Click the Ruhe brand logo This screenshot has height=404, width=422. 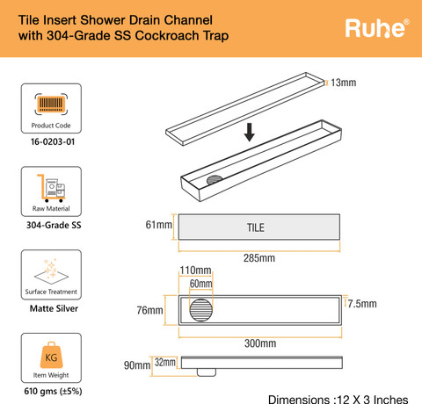pos(377,28)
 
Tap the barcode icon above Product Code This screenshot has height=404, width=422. pos(51,104)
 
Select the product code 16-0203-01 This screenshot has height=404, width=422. pos(53,141)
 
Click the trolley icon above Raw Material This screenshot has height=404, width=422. pos(51,188)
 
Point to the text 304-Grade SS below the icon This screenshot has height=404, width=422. pos(54,225)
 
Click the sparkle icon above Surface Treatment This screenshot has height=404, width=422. pos(51,271)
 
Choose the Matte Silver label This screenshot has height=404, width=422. pos(54,308)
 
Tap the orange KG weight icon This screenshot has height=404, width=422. pos(51,355)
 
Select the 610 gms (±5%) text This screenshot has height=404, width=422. pos(53,391)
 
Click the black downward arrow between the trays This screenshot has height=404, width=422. pos(250,132)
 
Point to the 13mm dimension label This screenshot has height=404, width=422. pos(344,83)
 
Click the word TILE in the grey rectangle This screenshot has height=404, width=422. pos(256,227)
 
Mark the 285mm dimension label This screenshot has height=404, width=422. pos(259,258)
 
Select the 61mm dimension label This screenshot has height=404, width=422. pos(159,225)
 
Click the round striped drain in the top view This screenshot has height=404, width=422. pos(201,310)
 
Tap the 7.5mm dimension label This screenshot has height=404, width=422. pos(362,304)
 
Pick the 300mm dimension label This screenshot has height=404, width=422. pos(260,343)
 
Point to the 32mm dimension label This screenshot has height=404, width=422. pos(165,362)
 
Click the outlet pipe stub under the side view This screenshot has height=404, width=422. pos(207,372)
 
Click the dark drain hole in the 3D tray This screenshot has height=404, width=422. pos(215,180)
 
